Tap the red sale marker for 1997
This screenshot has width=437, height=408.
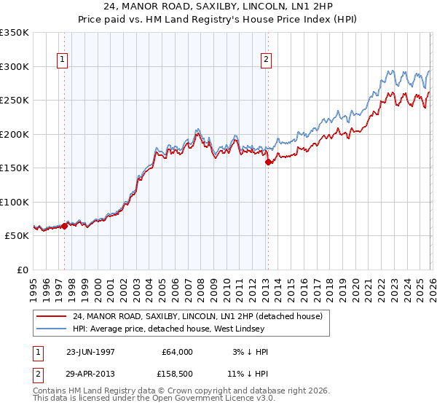pyautogui.click(x=65, y=226)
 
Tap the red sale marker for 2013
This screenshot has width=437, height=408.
pyautogui.click(x=268, y=162)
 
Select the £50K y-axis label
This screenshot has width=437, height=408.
pyautogui.click(x=16, y=236)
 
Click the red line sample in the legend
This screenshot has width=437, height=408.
pyautogui.click(x=52, y=316)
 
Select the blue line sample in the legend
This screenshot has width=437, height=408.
pyautogui.click(x=52, y=329)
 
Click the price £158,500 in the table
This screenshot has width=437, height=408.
pyautogui.click(x=176, y=375)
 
